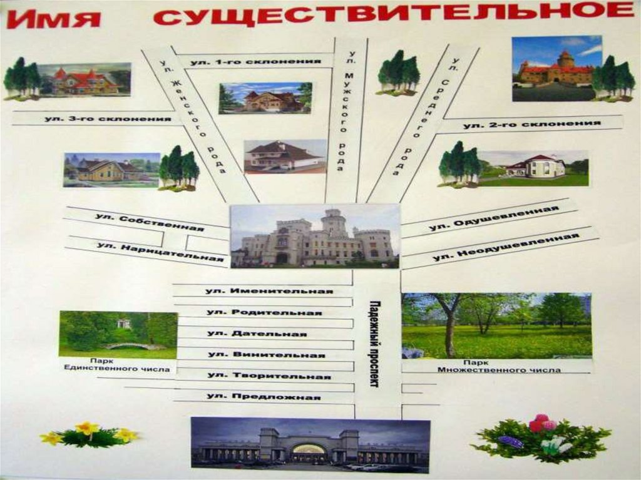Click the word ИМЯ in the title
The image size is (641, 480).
[53, 18]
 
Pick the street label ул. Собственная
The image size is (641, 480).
[150, 222]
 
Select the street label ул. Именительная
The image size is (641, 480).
[269, 291]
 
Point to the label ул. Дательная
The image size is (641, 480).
[257, 334]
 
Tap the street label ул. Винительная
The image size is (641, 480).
[266, 355]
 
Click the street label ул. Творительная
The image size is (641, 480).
[269, 376]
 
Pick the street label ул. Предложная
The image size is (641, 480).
[264, 397]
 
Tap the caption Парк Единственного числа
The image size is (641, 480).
[116, 365]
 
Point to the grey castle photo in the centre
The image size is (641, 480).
[315, 236]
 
